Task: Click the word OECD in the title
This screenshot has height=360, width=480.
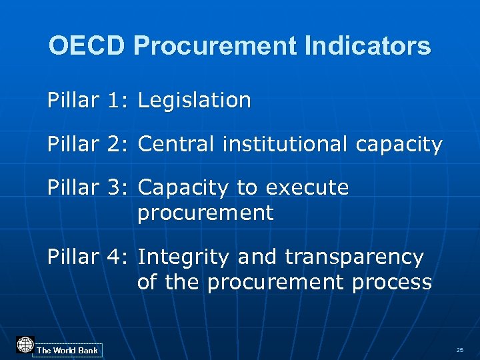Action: pyautogui.click(x=87, y=46)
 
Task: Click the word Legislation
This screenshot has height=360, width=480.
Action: pyautogui.click(x=194, y=101)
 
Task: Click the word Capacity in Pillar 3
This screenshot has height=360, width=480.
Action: pyautogui.click(x=183, y=189)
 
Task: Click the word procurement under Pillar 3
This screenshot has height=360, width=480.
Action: pyautogui.click(x=205, y=214)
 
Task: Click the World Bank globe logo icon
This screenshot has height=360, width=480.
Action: pyautogui.click(x=25, y=345)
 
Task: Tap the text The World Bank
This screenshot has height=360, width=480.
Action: pyautogui.click(x=67, y=351)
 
